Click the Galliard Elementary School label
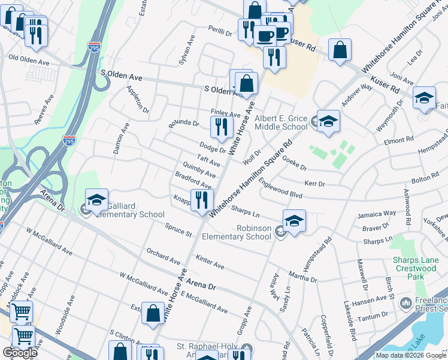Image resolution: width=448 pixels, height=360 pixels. [x=128, y=210]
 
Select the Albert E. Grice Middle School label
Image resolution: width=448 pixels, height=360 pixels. [x=281, y=123]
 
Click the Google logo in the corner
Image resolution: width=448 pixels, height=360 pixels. [x=20, y=353]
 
